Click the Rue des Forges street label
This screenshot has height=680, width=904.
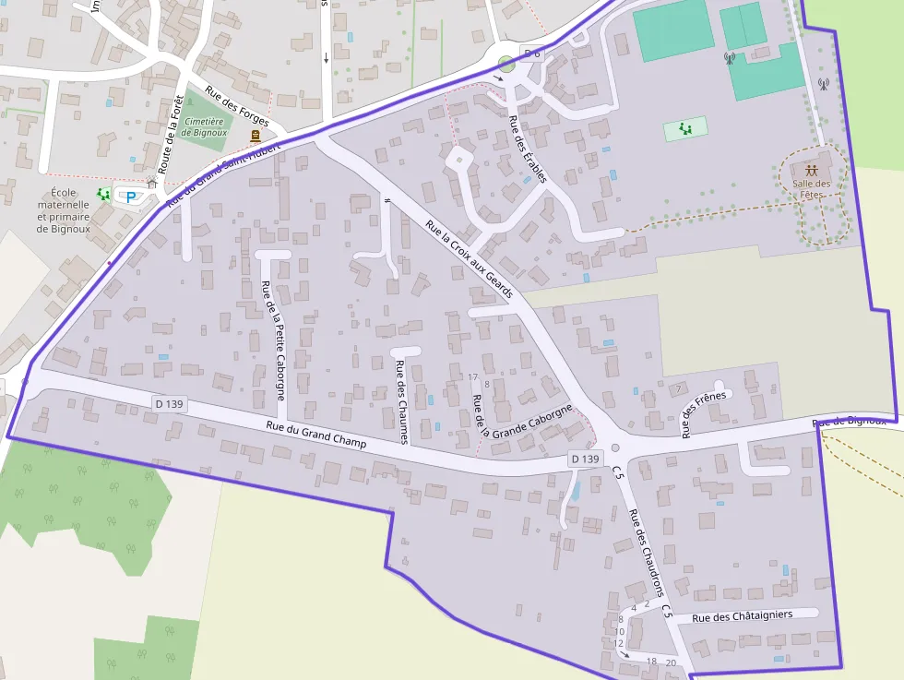[x=237, y=107]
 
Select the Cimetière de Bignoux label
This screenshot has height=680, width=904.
[x=205, y=126]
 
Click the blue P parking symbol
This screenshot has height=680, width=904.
[x=131, y=197]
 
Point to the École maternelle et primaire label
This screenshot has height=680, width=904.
[x=63, y=210]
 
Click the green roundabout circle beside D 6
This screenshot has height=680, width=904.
[x=506, y=65]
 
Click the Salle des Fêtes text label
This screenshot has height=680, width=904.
[x=811, y=189]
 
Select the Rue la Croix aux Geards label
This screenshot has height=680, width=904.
[x=469, y=257]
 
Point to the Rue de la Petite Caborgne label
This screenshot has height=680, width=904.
[x=274, y=340]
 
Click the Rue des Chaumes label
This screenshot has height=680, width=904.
[x=401, y=401]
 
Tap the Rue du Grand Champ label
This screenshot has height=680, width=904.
[x=315, y=435]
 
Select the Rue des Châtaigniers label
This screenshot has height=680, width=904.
[x=742, y=615]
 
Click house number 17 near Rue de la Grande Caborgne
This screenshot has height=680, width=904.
[x=473, y=377]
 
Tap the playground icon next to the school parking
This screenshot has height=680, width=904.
[x=104, y=195]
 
